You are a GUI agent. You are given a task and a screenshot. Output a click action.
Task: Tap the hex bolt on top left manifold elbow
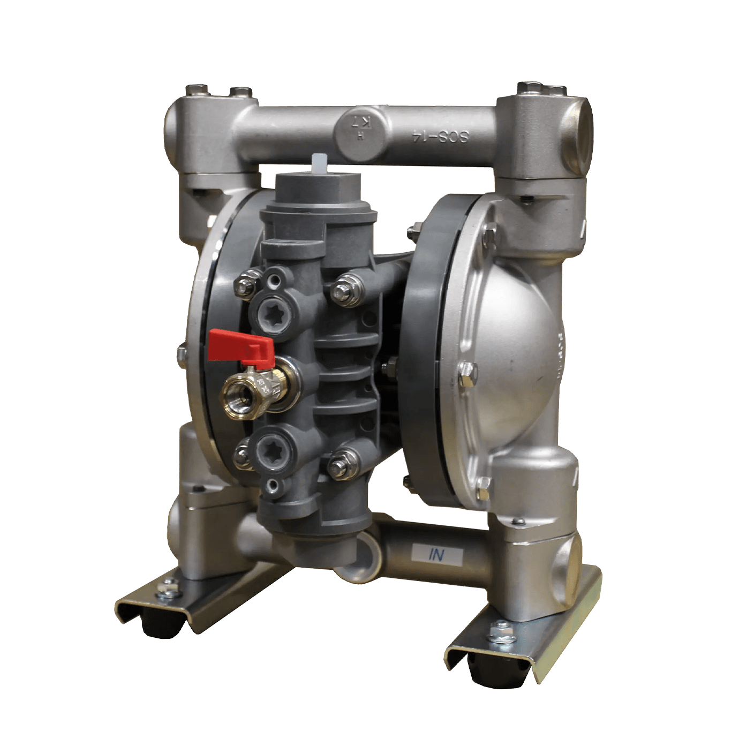pyautogui.click(x=200, y=89)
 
